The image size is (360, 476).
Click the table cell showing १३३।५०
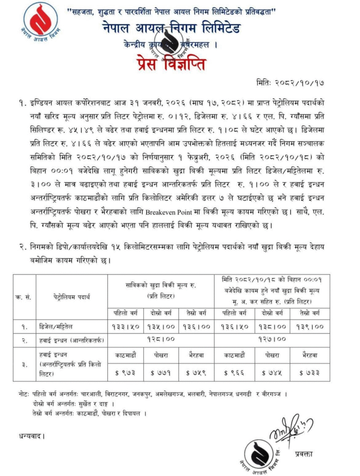(125, 327)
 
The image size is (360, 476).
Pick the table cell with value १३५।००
(161, 327)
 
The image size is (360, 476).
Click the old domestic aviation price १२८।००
(161, 339)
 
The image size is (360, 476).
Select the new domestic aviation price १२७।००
(272, 339)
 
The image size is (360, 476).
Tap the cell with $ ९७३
(125, 372)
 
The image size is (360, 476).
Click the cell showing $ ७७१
(161, 372)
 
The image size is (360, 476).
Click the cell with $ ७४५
(273, 372)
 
